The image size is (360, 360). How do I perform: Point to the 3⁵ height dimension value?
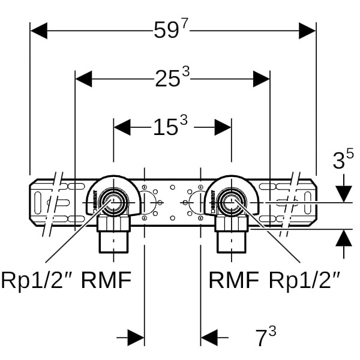click(343, 160)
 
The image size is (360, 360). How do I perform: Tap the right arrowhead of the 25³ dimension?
click(262, 79)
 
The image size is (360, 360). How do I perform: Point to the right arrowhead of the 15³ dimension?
click(223, 127)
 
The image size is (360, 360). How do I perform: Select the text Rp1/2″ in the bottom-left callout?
click(38, 280)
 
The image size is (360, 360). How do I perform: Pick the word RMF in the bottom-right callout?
click(233, 280)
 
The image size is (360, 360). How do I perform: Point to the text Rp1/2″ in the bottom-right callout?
click(305, 280)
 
